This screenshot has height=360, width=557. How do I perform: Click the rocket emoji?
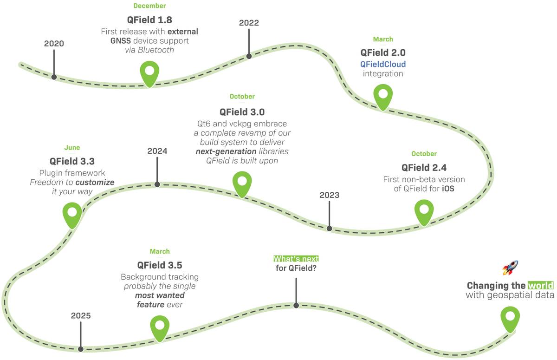click(x=510, y=268)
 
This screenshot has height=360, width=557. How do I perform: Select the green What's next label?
click(x=296, y=259)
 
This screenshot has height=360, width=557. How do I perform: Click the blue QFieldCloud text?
click(x=382, y=63)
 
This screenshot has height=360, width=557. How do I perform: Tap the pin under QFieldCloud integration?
click(x=383, y=95)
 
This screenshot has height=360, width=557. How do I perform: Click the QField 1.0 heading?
click(x=149, y=20)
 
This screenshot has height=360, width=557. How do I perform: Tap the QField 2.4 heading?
click(x=424, y=167)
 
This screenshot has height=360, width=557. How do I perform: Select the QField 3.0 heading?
click(x=242, y=111)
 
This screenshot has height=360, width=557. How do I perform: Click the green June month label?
click(x=72, y=148)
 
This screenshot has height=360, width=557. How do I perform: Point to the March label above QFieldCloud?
click(x=383, y=39)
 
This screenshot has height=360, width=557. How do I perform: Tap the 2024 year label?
click(x=157, y=151)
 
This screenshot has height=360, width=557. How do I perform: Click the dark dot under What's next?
click(x=296, y=305)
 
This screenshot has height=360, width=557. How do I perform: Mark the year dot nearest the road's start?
click(x=54, y=77)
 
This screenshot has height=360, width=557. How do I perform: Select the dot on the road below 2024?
click(x=157, y=184)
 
